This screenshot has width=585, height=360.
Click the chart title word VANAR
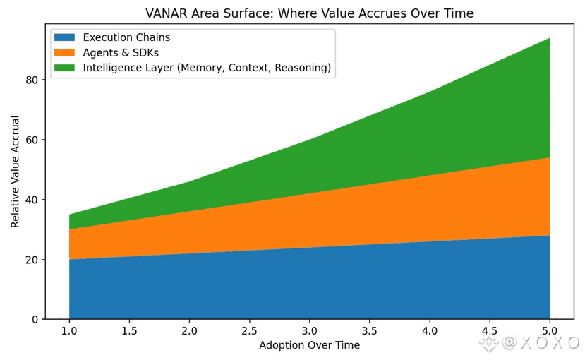coord(167,13)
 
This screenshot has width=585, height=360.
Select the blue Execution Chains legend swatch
coord(64,37)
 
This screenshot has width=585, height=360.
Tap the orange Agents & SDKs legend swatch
coord(64,53)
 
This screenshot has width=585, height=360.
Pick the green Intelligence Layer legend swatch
coord(64,68)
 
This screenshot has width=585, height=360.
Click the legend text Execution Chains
coord(126,37)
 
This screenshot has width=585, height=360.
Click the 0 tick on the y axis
coord(34,320)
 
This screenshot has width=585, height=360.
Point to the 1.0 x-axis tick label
coord(69,331)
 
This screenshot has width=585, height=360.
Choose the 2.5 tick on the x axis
coord(250,331)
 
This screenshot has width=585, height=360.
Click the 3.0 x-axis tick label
coord(310,331)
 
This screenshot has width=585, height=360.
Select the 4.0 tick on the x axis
coord(430,331)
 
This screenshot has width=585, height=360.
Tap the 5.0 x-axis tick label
coord(550,331)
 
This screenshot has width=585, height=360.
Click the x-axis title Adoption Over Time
coord(309,345)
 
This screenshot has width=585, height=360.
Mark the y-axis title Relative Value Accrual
coord(15,171)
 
